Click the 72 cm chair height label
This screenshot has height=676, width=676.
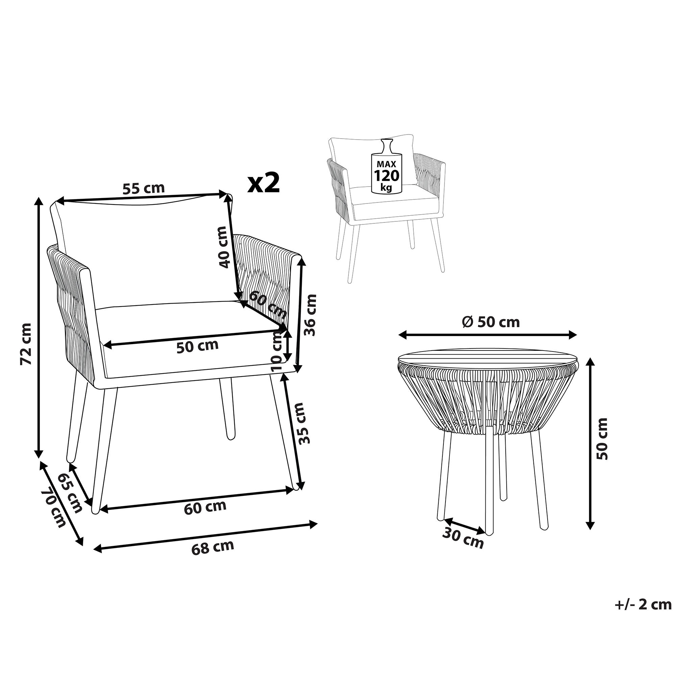coord(27,344)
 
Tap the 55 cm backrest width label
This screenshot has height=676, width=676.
coord(143,189)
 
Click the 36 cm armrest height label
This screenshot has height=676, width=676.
coord(310,315)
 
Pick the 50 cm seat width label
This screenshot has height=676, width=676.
coord(197,346)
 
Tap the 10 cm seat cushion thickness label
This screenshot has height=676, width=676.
coord(277,352)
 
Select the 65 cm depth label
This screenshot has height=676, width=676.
coord(69,493)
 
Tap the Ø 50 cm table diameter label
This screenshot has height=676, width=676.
coord(491,322)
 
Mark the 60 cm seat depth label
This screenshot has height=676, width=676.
coord(268,305)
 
